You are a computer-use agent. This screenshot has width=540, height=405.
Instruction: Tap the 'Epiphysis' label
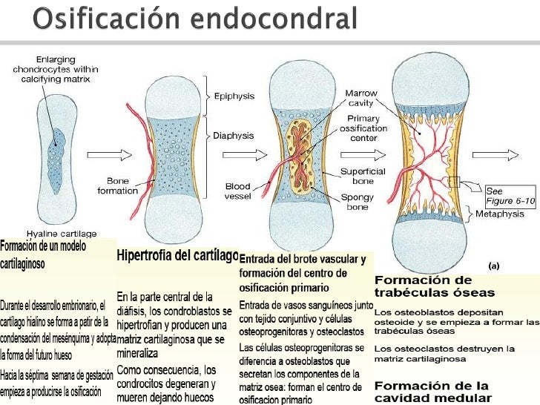click(x=234, y=96)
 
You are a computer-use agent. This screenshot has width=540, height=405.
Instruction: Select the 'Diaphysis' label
click(x=234, y=136)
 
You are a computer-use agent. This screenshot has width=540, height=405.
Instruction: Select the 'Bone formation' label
click(x=118, y=185)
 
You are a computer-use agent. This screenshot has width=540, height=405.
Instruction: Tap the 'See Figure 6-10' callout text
click(x=509, y=196)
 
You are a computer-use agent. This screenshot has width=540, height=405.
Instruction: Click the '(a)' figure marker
click(x=493, y=265)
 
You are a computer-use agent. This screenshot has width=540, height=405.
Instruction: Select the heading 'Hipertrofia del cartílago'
click(x=177, y=256)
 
